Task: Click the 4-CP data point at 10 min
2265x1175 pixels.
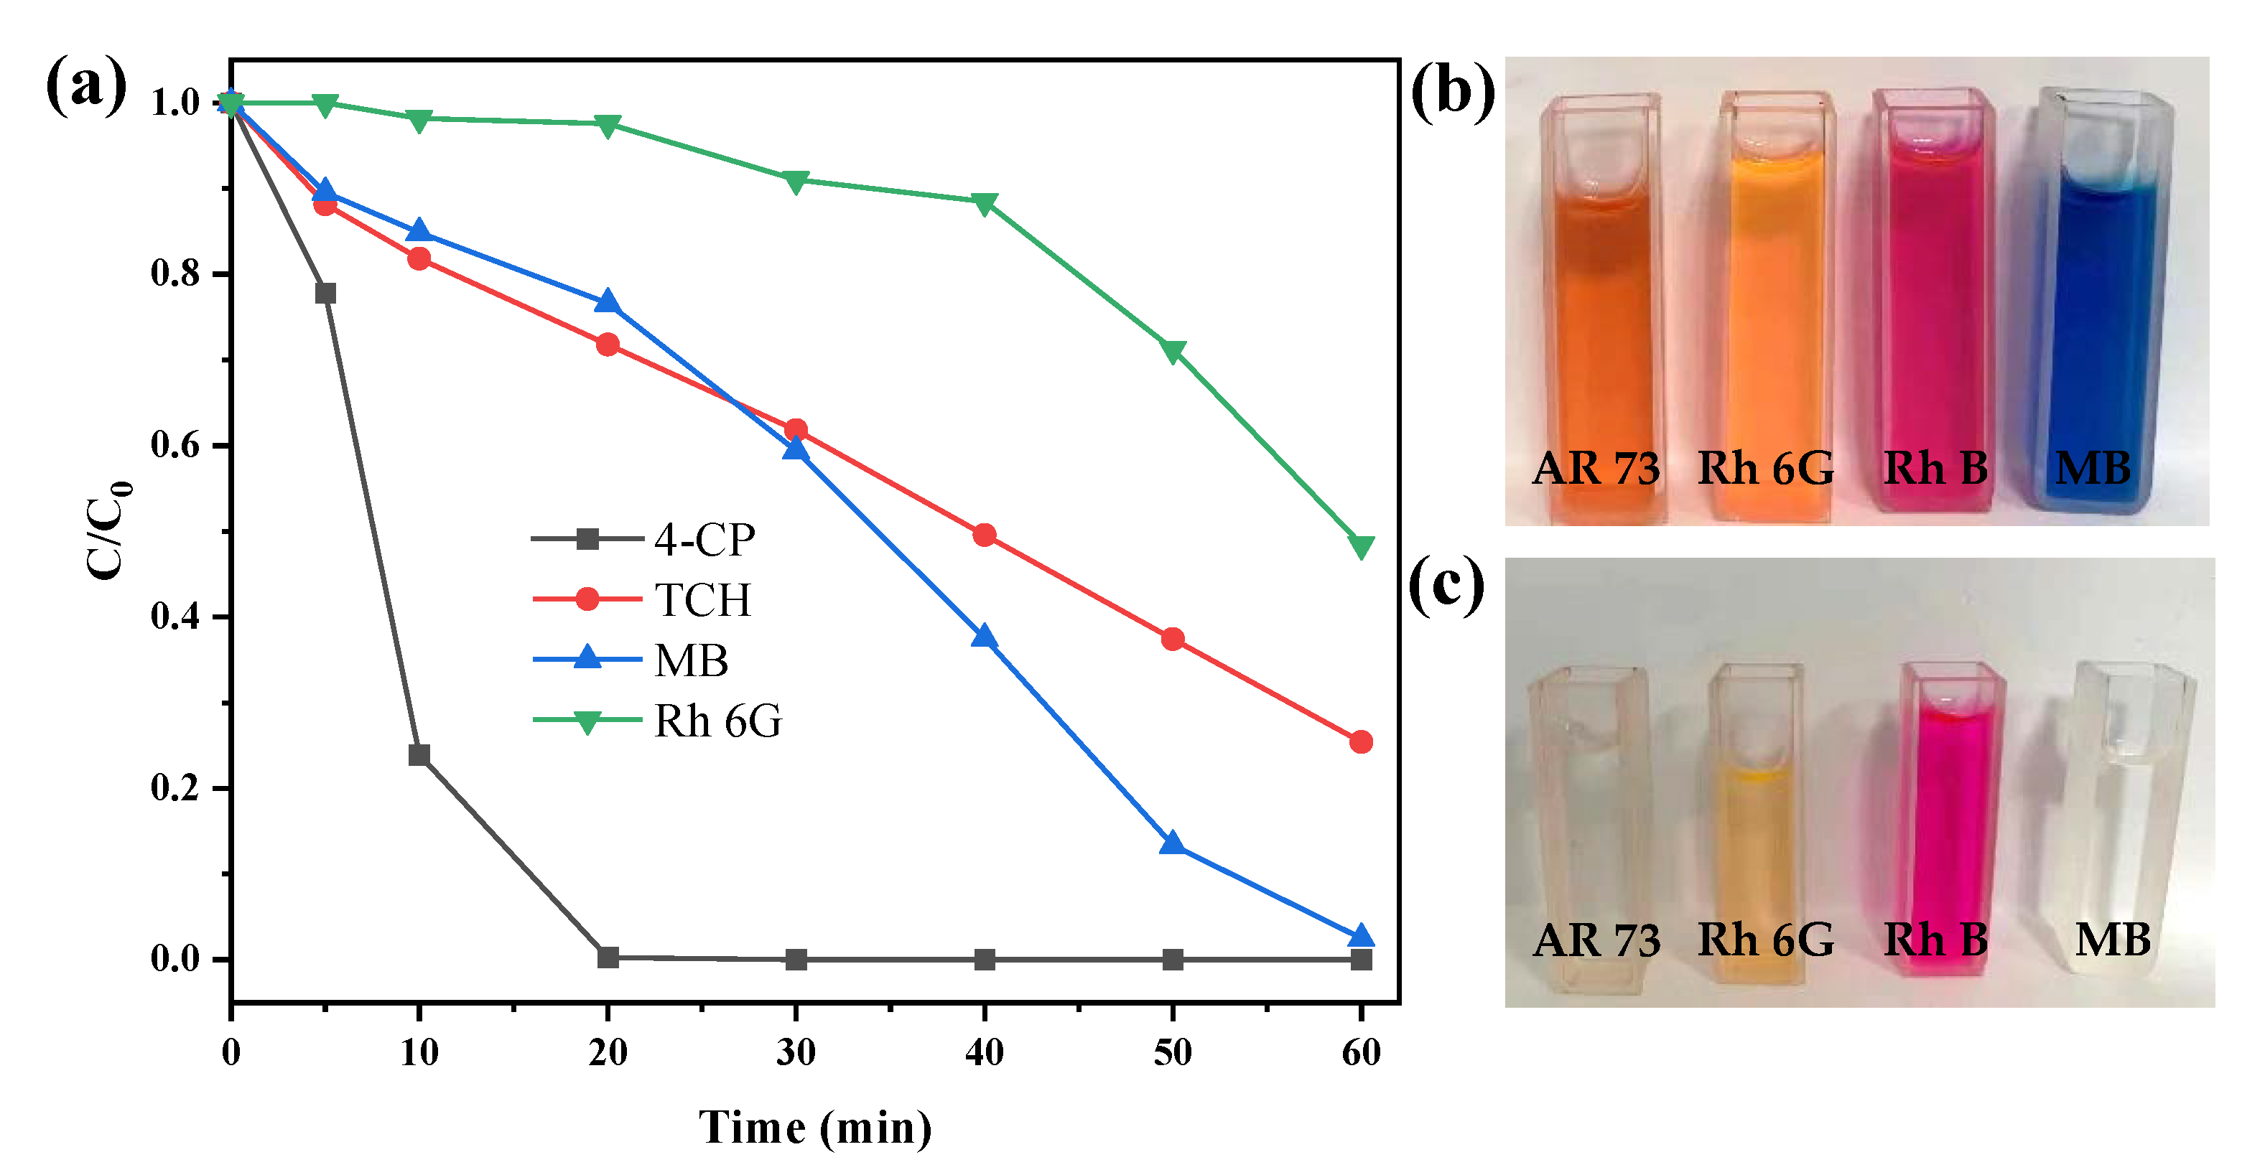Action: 419,755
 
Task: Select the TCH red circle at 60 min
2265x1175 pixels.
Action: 1360,741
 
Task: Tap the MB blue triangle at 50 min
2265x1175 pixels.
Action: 1172,843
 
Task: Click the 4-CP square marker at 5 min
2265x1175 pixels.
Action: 325,293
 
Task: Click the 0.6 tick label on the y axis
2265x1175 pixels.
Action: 175,445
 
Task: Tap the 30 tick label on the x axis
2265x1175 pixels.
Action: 796,1052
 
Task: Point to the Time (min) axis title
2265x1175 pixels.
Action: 815,1128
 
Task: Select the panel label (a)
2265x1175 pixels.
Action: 85,86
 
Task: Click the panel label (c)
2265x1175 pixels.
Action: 1446,586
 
